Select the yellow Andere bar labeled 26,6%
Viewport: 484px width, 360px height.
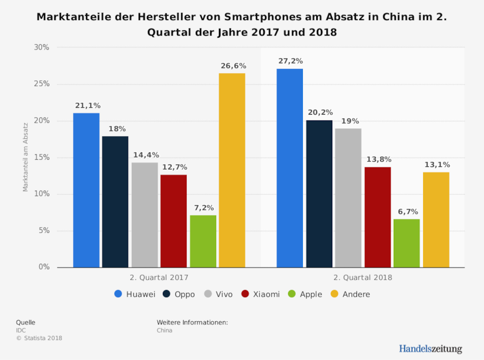(232, 170)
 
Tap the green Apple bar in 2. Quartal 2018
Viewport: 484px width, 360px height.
(407, 243)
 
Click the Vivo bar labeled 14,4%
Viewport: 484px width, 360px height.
(145, 215)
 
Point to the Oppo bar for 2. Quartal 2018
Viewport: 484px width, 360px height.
(319, 194)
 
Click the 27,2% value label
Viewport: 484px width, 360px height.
(290, 61)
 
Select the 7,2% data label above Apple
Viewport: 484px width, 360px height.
(203, 208)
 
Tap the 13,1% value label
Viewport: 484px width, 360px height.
(436, 165)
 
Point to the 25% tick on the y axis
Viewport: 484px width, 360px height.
(41, 84)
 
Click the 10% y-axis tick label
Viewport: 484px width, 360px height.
(41, 194)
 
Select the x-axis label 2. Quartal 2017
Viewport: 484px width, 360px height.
(159, 278)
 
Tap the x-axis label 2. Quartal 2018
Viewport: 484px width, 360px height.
(363, 278)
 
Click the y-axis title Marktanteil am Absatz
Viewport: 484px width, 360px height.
(25, 157)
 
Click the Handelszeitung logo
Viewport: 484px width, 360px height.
(430, 349)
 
